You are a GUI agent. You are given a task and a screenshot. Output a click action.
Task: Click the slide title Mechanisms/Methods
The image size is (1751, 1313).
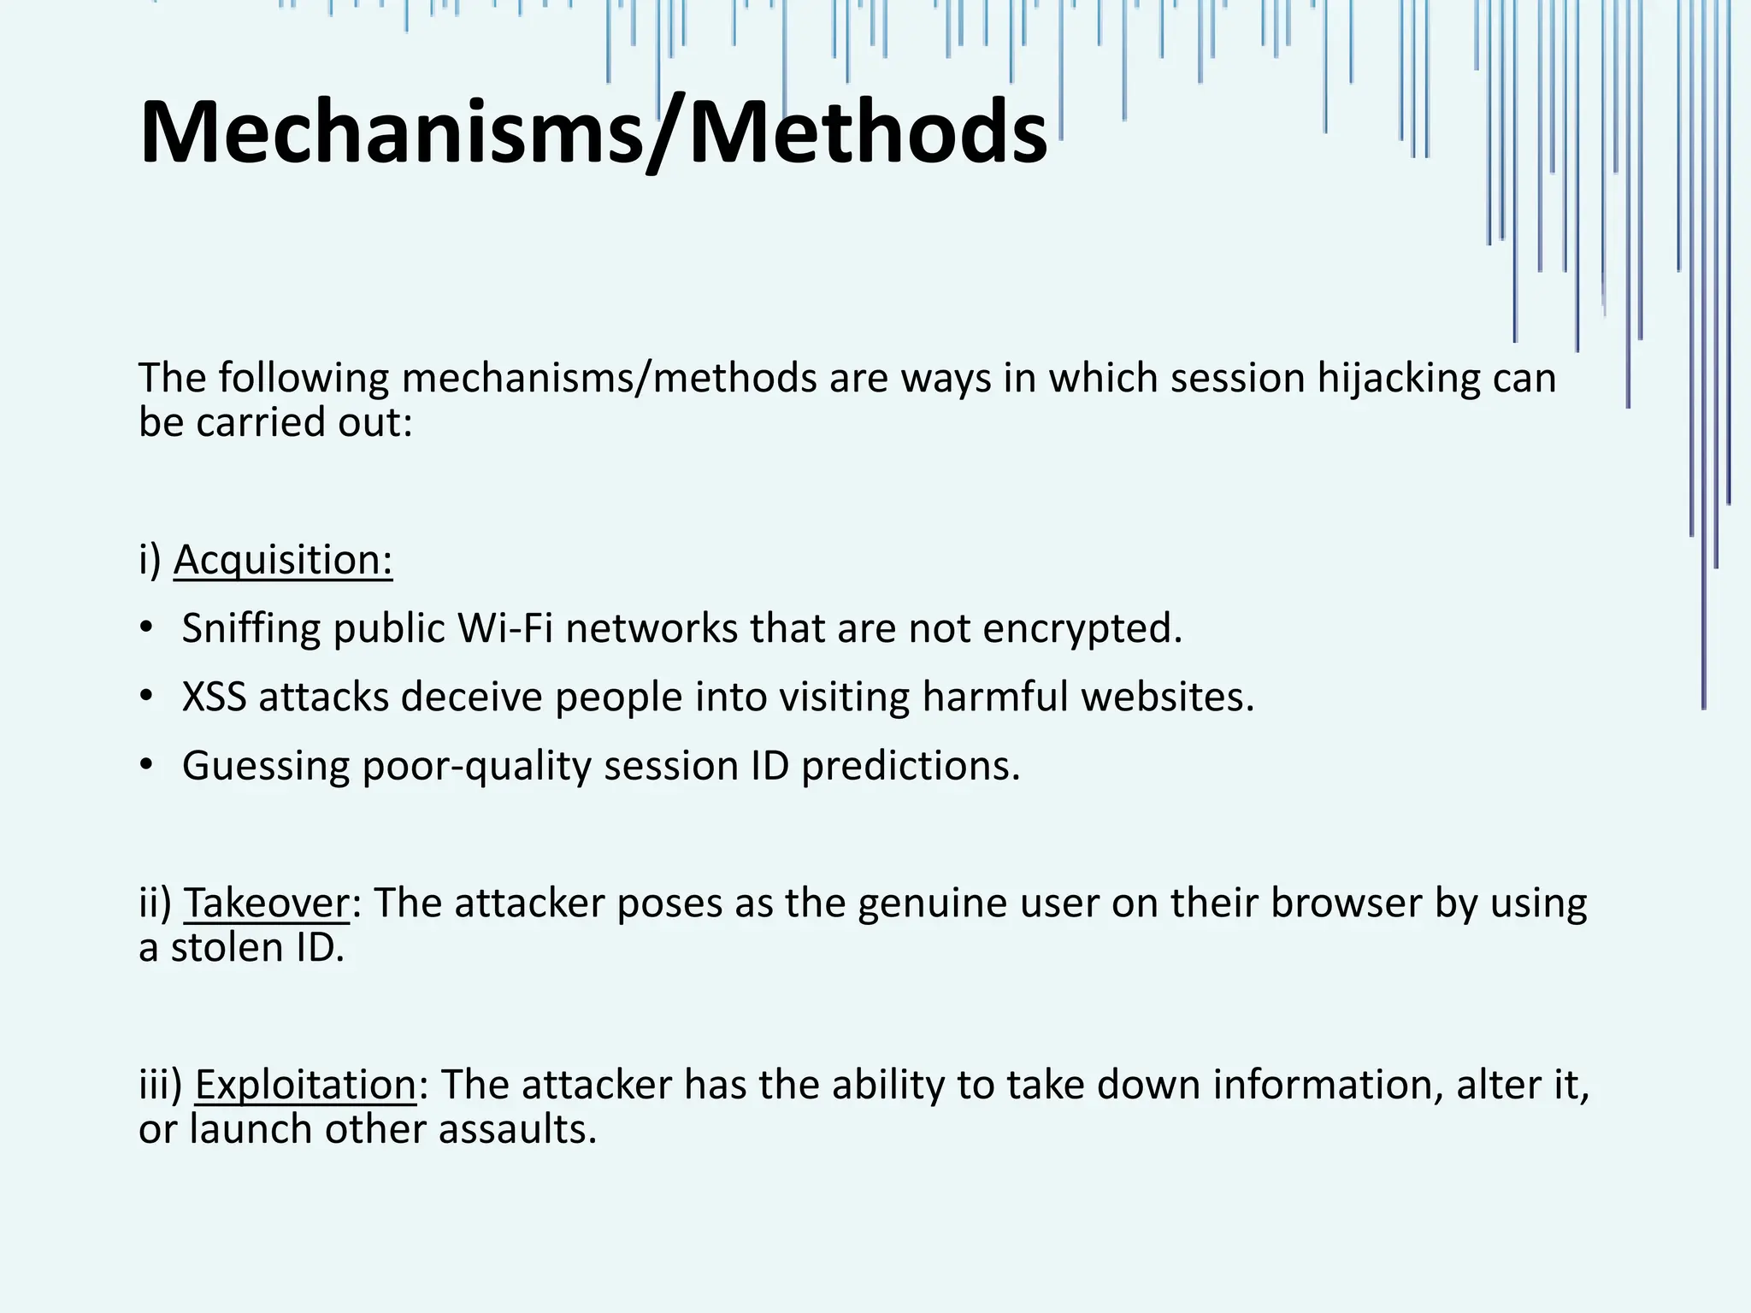tap(593, 133)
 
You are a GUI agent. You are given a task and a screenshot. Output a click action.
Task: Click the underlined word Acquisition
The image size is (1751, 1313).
tap(282, 560)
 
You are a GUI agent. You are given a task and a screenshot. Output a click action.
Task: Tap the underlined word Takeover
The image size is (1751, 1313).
tap(267, 903)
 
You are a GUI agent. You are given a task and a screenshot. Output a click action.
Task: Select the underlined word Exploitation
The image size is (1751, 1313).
tap(305, 1085)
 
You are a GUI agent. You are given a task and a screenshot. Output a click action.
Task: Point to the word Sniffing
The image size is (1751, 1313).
tap(251, 628)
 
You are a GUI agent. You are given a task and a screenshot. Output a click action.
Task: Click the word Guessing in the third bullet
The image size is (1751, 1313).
tap(266, 765)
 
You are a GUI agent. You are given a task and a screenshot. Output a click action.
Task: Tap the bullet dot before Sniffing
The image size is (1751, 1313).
tap(147, 627)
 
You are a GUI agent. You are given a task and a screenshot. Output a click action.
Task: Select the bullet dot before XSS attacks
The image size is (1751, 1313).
tap(147, 696)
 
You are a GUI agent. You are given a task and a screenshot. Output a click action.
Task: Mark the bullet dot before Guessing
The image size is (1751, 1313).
tap(147, 764)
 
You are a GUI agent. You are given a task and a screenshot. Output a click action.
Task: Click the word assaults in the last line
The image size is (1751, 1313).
tap(517, 1129)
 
